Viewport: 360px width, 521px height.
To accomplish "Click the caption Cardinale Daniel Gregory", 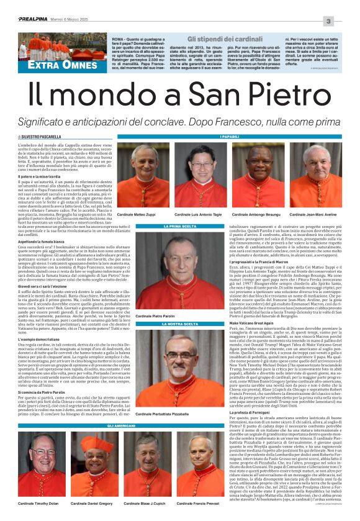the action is coord(91,503).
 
